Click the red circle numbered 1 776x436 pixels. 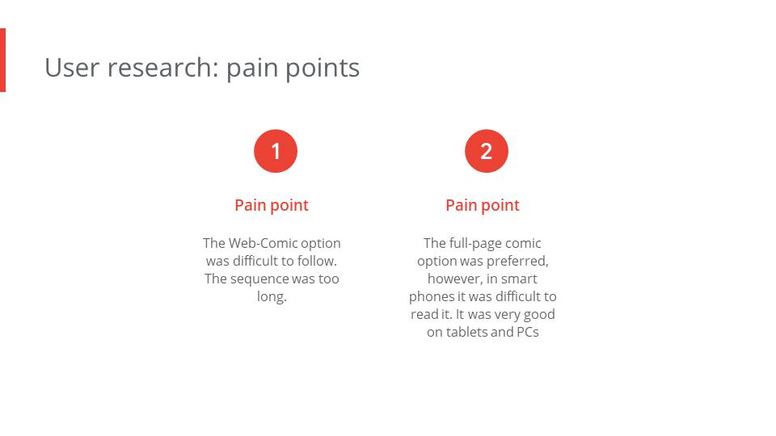[276, 151]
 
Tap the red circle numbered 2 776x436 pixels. [487, 151]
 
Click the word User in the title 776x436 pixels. [72, 68]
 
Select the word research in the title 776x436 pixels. [162, 68]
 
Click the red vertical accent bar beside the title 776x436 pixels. [2, 60]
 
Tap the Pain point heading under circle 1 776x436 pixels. [272, 205]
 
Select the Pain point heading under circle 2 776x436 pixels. [483, 205]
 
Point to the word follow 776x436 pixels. [317, 261]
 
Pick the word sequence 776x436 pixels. [259, 279]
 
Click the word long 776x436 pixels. [272, 296]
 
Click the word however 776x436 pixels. [455, 279]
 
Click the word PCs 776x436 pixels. [528, 332]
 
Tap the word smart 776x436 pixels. [519, 279]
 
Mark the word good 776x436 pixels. [539, 315]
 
